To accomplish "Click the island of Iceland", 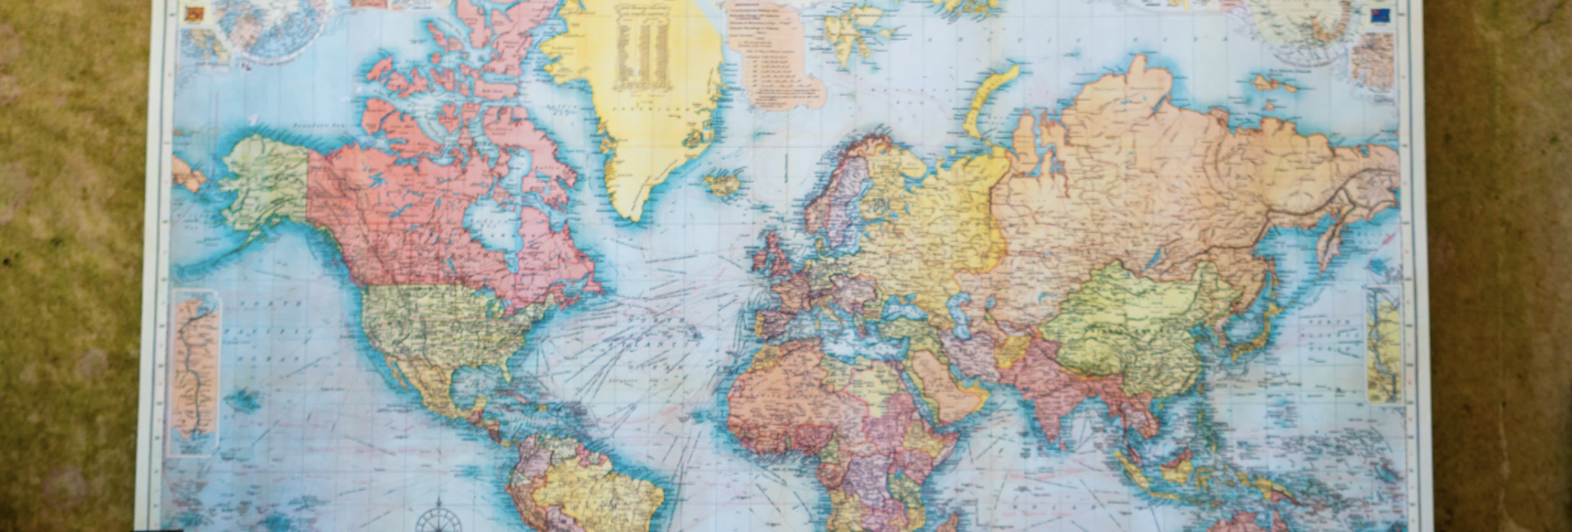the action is pos(723,182).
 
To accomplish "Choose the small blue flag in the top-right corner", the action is pos(1379,16).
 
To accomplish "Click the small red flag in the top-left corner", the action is pos(194,13).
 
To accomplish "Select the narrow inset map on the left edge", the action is pos(195,369).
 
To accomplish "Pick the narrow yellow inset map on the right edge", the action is pos(1385,345).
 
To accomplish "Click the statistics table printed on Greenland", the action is pos(642,49).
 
